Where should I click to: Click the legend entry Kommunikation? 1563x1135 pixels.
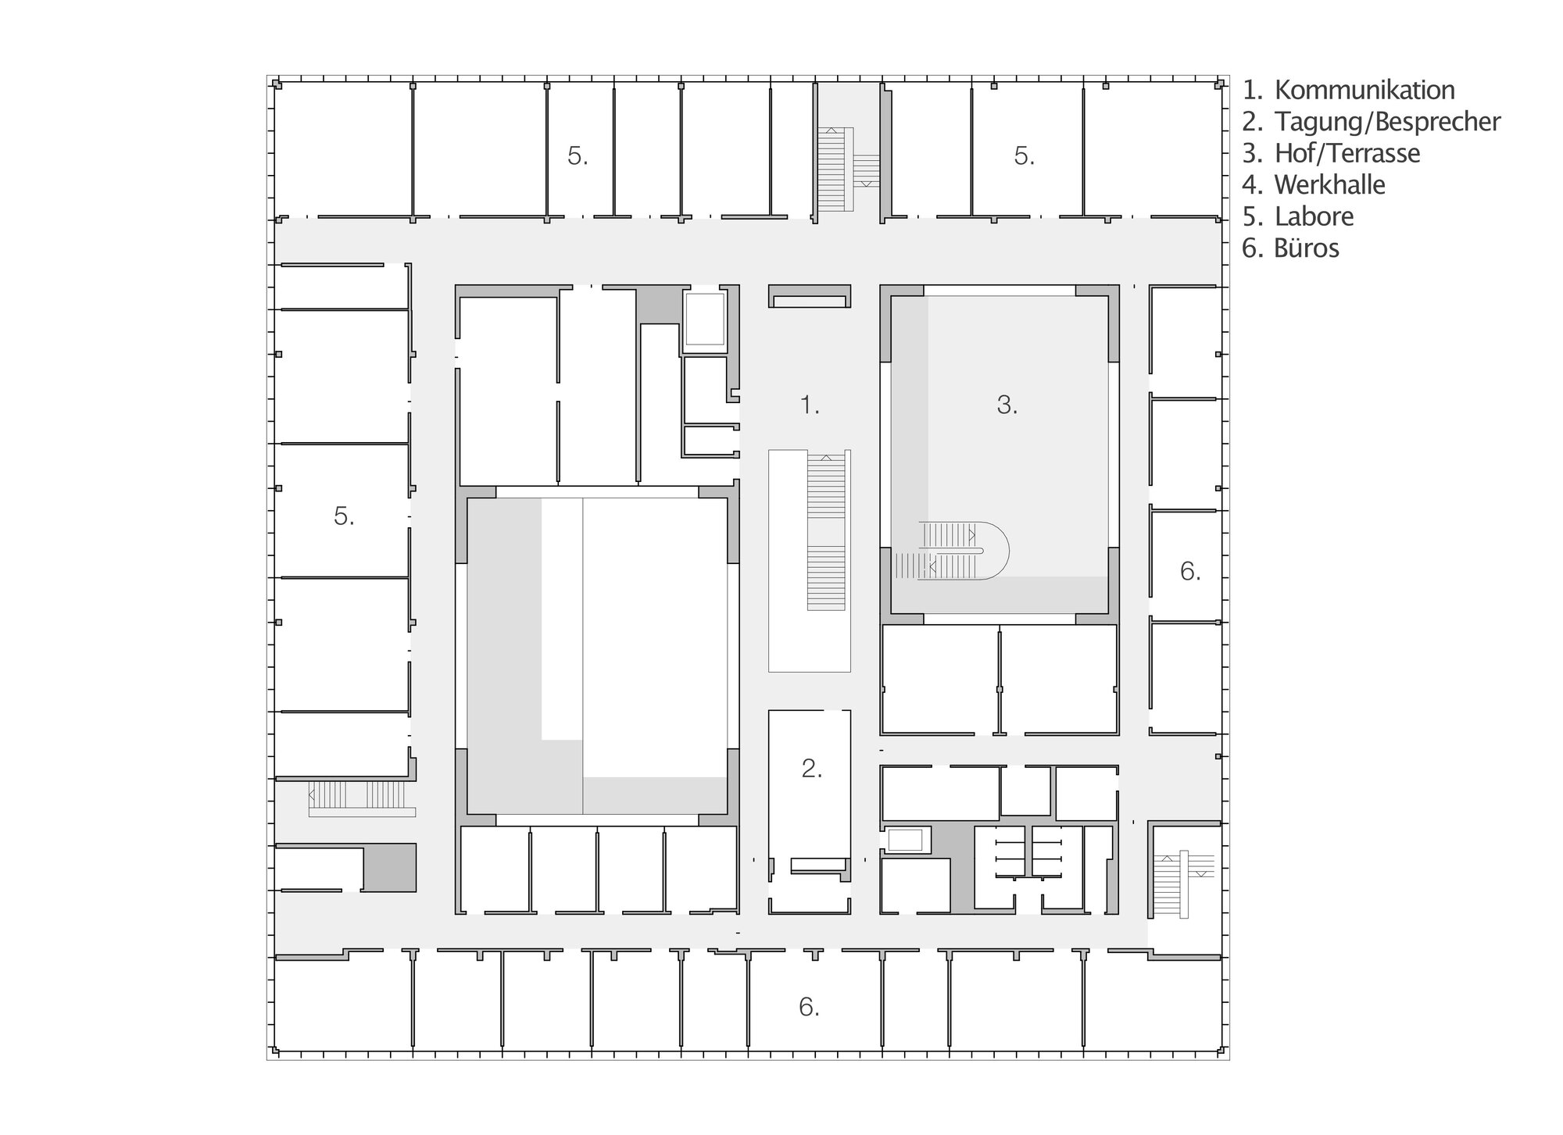pyautogui.click(x=1349, y=90)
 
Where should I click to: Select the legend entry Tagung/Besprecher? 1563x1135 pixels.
pyautogui.click(x=1372, y=122)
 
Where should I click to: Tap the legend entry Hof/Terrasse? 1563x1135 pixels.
pyautogui.click(x=1332, y=153)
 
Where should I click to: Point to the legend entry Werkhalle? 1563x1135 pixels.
pyautogui.click(x=1314, y=185)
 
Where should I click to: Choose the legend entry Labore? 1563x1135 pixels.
pyautogui.click(x=1298, y=216)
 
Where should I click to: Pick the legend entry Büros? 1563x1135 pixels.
pyautogui.click(x=1291, y=248)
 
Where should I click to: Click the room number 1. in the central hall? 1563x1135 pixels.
pyautogui.click(x=810, y=405)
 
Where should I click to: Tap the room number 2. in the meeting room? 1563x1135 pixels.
pyautogui.click(x=811, y=769)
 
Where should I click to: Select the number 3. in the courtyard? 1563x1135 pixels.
pyautogui.click(x=1007, y=405)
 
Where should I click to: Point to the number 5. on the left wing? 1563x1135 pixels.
pyautogui.click(x=344, y=516)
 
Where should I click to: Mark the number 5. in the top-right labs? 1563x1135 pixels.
pyautogui.click(x=1024, y=156)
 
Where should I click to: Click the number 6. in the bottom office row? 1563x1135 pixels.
pyautogui.click(x=809, y=1007)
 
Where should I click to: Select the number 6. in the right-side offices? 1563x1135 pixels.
pyautogui.click(x=1189, y=572)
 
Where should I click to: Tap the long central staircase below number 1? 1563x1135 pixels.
pyautogui.click(x=825, y=531)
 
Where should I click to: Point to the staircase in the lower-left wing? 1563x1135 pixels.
pyautogui.click(x=361, y=798)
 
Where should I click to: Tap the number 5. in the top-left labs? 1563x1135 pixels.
pyautogui.click(x=578, y=156)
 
